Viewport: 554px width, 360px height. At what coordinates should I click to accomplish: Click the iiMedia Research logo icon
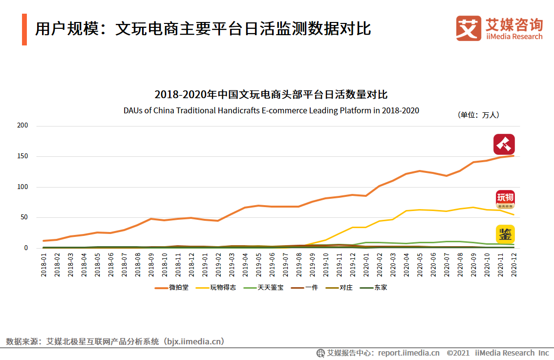[x=469, y=28]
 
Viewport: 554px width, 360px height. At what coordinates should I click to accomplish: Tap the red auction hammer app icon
[x=504, y=144]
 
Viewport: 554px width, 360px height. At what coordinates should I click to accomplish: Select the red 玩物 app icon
[x=505, y=199]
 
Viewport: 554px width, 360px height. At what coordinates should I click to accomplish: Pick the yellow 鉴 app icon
[x=505, y=234]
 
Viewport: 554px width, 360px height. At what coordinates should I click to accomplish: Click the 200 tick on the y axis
[x=22, y=126]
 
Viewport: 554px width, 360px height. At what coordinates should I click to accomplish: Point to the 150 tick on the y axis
[x=22, y=156]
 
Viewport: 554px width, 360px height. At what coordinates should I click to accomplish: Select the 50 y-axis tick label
[x=24, y=217]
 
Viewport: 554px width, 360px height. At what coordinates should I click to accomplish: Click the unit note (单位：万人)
[x=478, y=115]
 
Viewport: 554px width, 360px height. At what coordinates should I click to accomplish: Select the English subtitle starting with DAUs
[x=271, y=110]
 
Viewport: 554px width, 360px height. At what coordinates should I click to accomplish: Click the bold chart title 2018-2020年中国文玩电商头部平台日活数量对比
[x=271, y=94]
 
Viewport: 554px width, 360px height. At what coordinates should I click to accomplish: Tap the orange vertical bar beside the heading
[x=24, y=29]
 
